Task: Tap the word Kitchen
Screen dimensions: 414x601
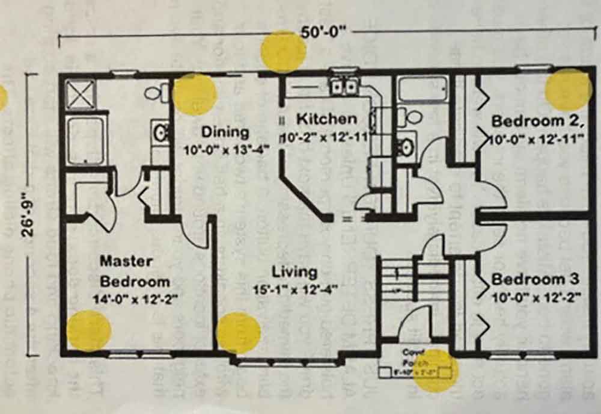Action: [326, 118]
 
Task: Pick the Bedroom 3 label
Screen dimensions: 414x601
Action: [535, 279]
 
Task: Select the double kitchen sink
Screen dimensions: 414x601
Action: [343, 87]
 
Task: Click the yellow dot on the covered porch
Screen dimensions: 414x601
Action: [436, 369]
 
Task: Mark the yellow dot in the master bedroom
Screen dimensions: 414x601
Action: [89, 330]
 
